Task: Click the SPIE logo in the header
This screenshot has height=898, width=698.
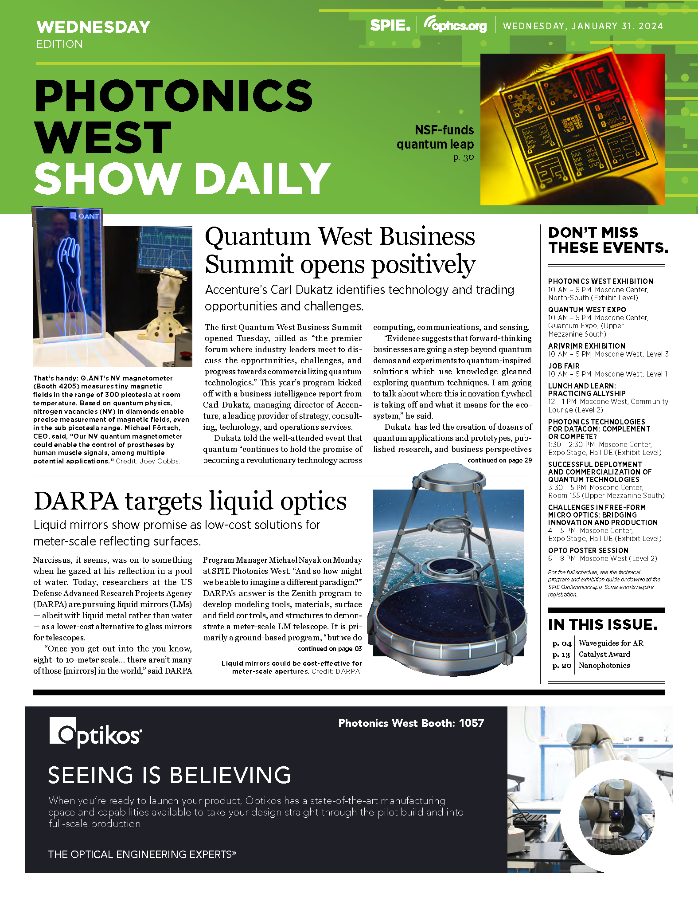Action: click(390, 25)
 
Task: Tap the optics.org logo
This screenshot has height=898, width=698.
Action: click(455, 25)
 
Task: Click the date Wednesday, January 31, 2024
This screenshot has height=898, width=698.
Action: click(583, 26)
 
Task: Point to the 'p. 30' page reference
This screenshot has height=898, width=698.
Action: click(464, 157)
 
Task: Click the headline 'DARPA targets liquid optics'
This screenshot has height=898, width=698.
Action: click(190, 501)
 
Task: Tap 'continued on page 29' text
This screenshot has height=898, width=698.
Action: click(499, 460)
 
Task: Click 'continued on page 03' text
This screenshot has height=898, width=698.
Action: click(330, 649)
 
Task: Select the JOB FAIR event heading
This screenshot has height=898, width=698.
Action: click(564, 366)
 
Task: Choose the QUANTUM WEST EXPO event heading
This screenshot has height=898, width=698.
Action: click(587, 310)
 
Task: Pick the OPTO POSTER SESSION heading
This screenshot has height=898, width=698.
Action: click(588, 550)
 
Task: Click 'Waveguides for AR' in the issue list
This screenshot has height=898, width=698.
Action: click(611, 643)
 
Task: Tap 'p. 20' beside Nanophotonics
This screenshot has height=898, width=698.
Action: click(562, 666)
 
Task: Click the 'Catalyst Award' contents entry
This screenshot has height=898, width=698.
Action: click(604, 654)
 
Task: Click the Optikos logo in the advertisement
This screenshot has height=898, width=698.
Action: click(96, 733)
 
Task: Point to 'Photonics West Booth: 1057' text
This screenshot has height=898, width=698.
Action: click(411, 723)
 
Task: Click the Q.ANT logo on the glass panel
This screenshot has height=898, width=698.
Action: click(85, 216)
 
